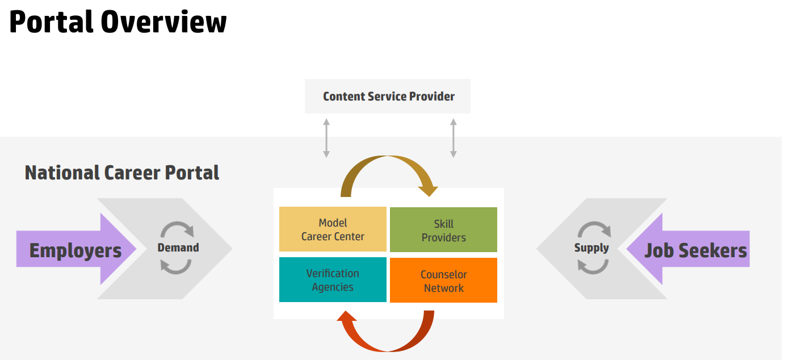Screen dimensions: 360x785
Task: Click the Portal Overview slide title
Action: tap(118, 23)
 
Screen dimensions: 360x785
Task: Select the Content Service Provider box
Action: tap(388, 97)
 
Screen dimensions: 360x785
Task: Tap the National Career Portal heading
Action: tap(122, 173)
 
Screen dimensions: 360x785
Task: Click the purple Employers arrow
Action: tap(75, 250)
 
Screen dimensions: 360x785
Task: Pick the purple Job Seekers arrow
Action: tap(695, 250)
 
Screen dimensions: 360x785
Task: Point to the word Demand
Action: tap(178, 248)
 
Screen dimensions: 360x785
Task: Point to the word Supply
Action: tap(591, 248)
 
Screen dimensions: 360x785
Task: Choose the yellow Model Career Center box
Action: tap(333, 229)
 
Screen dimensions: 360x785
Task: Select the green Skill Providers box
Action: tap(443, 230)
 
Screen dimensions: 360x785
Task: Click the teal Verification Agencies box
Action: tap(333, 280)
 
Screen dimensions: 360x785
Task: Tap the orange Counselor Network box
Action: tap(443, 281)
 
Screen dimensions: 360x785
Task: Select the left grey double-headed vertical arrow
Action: tap(326, 138)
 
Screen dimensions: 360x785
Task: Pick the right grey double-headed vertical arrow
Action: tap(453, 138)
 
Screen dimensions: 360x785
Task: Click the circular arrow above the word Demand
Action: tap(177, 228)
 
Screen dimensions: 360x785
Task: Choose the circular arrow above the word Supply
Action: tap(594, 228)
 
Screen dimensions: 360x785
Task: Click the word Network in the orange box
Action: tap(444, 288)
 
